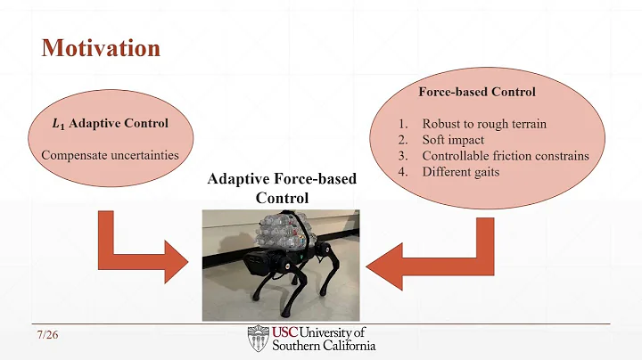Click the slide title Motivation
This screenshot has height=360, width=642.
pos(101,47)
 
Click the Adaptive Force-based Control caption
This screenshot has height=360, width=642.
pos(281,188)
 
